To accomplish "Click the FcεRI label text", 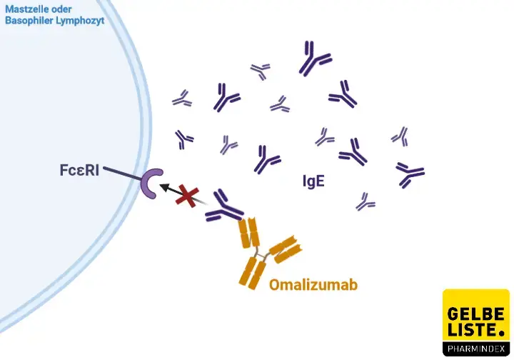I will point(79,171).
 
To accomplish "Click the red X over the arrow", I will point(188,196).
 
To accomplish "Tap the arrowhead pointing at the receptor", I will point(163,185).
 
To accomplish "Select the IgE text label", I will point(313,181).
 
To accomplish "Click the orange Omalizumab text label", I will point(313,285).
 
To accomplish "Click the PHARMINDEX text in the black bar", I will point(475,348).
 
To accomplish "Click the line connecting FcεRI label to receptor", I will point(123,173).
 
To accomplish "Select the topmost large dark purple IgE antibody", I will point(315,59).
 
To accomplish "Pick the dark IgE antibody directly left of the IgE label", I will point(268,159).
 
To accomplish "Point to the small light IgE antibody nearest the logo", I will point(366,202).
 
